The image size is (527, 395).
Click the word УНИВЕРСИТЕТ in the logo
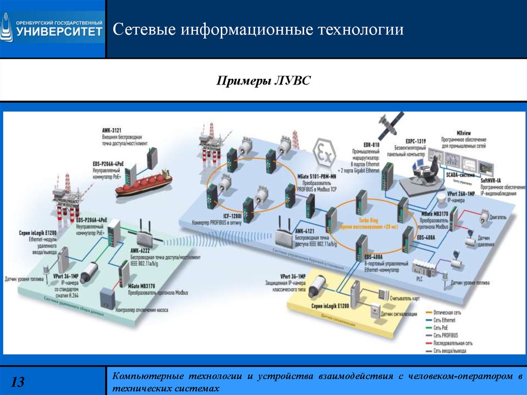click(x=60, y=31)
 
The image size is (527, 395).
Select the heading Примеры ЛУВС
click(x=263, y=81)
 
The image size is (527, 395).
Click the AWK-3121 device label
click(x=112, y=132)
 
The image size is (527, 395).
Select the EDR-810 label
click(x=371, y=146)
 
